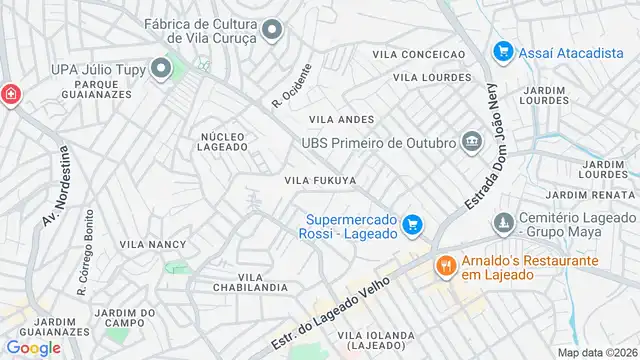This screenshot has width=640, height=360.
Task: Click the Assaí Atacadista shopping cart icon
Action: (x=503, y=51)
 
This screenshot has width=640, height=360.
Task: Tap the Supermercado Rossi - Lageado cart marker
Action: (x=412, y=226)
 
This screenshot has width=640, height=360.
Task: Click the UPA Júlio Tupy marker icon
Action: (x=163, y=69)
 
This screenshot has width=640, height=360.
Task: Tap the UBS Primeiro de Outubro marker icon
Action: (x=471, y=142)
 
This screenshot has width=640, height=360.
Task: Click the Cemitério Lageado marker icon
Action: (x=506, y=219)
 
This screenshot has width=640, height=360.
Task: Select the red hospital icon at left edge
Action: (x=9, y=94)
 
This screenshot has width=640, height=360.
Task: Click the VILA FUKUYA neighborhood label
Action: (x=320, y=180)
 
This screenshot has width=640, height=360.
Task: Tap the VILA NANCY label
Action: (x=153, y=244)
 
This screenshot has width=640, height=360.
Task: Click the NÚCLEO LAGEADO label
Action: (x=223, y=141)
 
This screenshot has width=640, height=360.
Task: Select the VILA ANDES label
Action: (x=334, y=119)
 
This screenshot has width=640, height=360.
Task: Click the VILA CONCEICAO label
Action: (x=419, y=54)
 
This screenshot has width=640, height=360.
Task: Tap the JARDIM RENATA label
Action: (x=593, y=195)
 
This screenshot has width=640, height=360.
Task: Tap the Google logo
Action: (x=33, y=347)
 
